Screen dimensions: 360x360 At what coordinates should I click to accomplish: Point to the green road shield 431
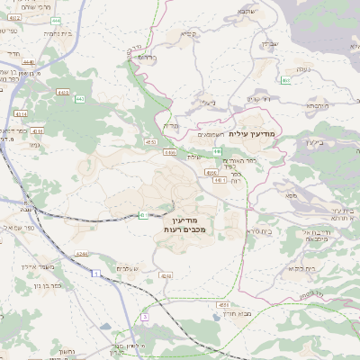click(x=144, y=215)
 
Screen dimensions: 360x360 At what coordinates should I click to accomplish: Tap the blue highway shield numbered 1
click(x=94, y=284)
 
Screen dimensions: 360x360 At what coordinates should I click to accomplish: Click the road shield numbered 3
click(x=144, y=317)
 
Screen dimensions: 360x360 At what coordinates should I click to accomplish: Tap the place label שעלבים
click(x=126, y=268)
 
